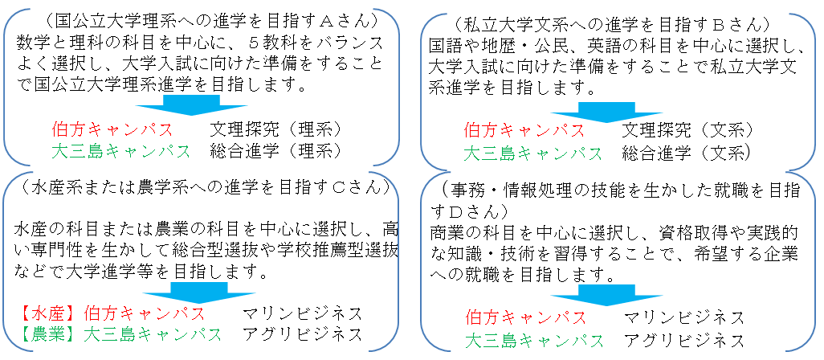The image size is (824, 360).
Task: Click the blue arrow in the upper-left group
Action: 191,104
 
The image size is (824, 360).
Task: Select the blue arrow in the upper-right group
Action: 606,112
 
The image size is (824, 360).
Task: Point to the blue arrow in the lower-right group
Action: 606,295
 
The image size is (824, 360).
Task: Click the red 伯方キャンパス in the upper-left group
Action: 112,129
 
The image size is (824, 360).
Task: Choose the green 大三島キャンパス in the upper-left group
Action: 121,151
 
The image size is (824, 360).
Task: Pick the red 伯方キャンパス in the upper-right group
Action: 524,130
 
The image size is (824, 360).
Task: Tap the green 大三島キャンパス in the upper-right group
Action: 532,153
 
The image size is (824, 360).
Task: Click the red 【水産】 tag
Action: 49,313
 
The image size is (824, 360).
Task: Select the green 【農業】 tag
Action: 49,334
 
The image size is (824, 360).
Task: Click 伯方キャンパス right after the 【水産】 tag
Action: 145,313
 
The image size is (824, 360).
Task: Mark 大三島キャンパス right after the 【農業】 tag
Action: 153,334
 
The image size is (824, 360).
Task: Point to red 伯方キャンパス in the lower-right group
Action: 526,317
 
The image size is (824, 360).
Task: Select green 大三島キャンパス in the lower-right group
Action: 534,340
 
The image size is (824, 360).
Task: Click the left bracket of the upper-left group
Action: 6,87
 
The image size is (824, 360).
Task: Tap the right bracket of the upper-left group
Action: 398,87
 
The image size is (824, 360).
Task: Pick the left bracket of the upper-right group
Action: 422,92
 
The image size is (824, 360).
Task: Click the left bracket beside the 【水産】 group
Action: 6,261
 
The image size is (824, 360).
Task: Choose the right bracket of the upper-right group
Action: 814,92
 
